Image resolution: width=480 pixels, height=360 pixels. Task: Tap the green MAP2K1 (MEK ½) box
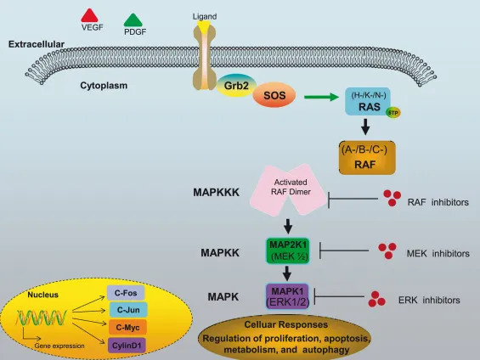coord(291,250)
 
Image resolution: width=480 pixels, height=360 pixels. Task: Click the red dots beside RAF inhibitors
coord(392,198)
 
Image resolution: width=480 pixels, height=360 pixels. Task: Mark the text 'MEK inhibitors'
coord(438,253)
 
